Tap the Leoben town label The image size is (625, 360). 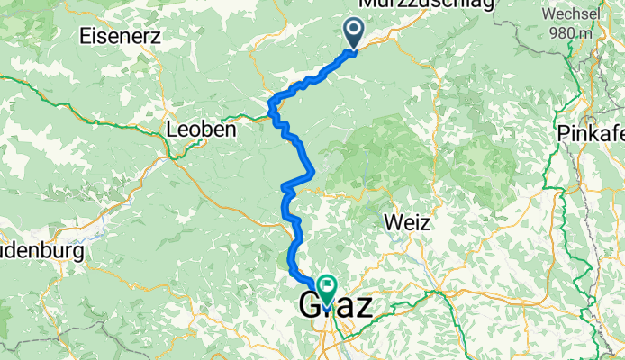coord(201,130)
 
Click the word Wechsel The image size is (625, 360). coord(574,14)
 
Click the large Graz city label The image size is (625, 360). coord(334,303)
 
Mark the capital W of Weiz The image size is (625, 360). coord(388,221)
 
